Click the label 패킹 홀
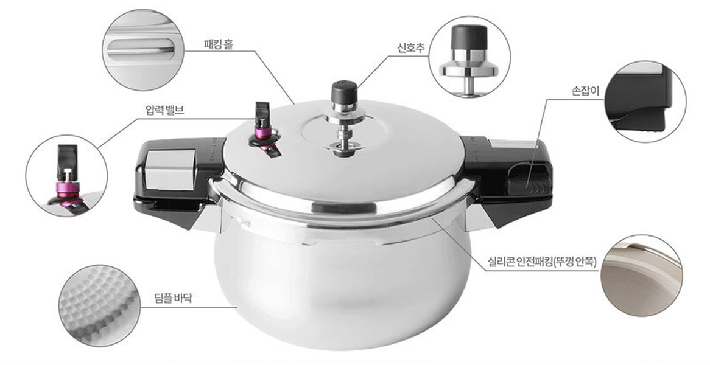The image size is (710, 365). pyautogui.click(x=219, y=44)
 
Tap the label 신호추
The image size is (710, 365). pyautogui.click(x=411, y=48)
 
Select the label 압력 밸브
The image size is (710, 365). pyautogui.click(x=165, y=110)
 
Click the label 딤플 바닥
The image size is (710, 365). pyautogui.click(x=173, y=299)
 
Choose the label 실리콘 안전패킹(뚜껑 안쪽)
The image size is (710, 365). pyautogui.click(x=542, y=262)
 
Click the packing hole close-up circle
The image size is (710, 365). pyautogui.click(x=142, y=50)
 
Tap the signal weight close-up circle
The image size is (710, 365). pyautogui.click(x=469, y=57)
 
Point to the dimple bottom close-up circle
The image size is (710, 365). pyautogui.click(x=100, y=306)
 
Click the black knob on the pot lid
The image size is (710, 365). pyautogui.click(x=345, y=92)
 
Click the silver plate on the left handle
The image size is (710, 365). pyautogui.click(x=169, y=169)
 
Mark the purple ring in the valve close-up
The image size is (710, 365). pyautogui.click(x=66, y=188)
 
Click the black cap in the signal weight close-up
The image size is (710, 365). pyautogui.click(x=469, y=37)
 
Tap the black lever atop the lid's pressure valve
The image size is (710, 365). pyautogui.click(x=262, y=114)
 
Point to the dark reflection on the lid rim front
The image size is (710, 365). pyautogui.click(x=344, y=208)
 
